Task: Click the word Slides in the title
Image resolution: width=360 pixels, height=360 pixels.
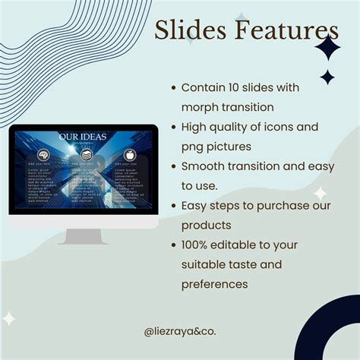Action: click(x=182, y=31)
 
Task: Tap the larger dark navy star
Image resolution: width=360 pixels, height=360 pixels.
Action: click(x=327, y=48)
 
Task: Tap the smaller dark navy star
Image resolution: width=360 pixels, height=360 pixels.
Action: click(x=327, y=77)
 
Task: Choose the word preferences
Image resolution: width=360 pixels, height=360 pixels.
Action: click(x=214, y=285)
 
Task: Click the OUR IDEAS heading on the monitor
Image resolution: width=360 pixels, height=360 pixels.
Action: click(x=83, y=137)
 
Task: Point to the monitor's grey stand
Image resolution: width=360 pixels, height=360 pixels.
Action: click(x=84, y=235)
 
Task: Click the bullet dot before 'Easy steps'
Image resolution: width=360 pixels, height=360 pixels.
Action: click(x=174, y=207)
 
